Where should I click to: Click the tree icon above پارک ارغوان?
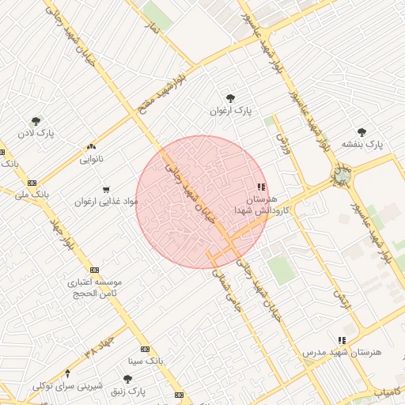(x=230, y=98)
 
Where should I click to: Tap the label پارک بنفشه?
(x=362, y=145)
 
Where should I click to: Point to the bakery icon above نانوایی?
(x=92, y=146)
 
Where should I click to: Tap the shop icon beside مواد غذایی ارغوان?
(x=95, y=190)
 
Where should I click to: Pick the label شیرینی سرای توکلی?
(x=67, y=386)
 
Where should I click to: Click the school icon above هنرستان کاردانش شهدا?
(x=261, y=187)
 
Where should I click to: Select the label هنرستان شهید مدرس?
(x=341, y=351)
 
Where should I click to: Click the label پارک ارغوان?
(x=230, y=112)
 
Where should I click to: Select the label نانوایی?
(x=91, y=159)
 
